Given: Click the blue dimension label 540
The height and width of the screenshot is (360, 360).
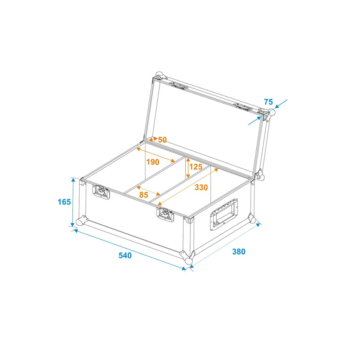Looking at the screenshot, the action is point(125,255).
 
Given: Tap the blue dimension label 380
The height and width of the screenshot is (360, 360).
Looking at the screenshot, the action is point(239,252).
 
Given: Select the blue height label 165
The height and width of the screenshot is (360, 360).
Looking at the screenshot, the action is point(64,202).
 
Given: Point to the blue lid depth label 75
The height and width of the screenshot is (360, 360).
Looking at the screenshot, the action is point(268,102).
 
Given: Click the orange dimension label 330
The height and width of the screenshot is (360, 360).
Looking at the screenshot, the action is point(201,187).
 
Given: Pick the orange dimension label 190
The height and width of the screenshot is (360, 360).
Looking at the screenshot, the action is point(153,162).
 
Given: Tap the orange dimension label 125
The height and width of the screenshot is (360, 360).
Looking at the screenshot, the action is point(196,167).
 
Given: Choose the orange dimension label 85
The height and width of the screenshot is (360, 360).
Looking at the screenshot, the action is point(144,195).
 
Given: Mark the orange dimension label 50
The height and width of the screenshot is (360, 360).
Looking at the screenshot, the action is point(162,140).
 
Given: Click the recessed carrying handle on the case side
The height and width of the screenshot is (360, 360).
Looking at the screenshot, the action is point(224,214).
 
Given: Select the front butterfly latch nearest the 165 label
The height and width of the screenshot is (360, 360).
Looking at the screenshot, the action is point(101,192).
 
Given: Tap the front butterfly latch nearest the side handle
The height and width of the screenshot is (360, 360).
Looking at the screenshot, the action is point(165,215).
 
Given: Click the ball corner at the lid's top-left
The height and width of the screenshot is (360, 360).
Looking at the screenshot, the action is point(159,75).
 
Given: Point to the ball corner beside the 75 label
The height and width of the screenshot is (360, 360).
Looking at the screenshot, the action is point(271,112).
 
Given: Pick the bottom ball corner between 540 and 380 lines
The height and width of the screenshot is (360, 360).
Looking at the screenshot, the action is point(189,261).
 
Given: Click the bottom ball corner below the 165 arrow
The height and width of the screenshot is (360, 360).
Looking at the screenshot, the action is point(80,221).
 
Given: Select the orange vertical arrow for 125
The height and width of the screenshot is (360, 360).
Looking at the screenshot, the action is point(188,168).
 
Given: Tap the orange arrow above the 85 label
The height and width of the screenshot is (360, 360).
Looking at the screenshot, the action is point(148,191).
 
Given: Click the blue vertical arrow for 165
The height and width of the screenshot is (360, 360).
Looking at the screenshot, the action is point(73,202).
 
